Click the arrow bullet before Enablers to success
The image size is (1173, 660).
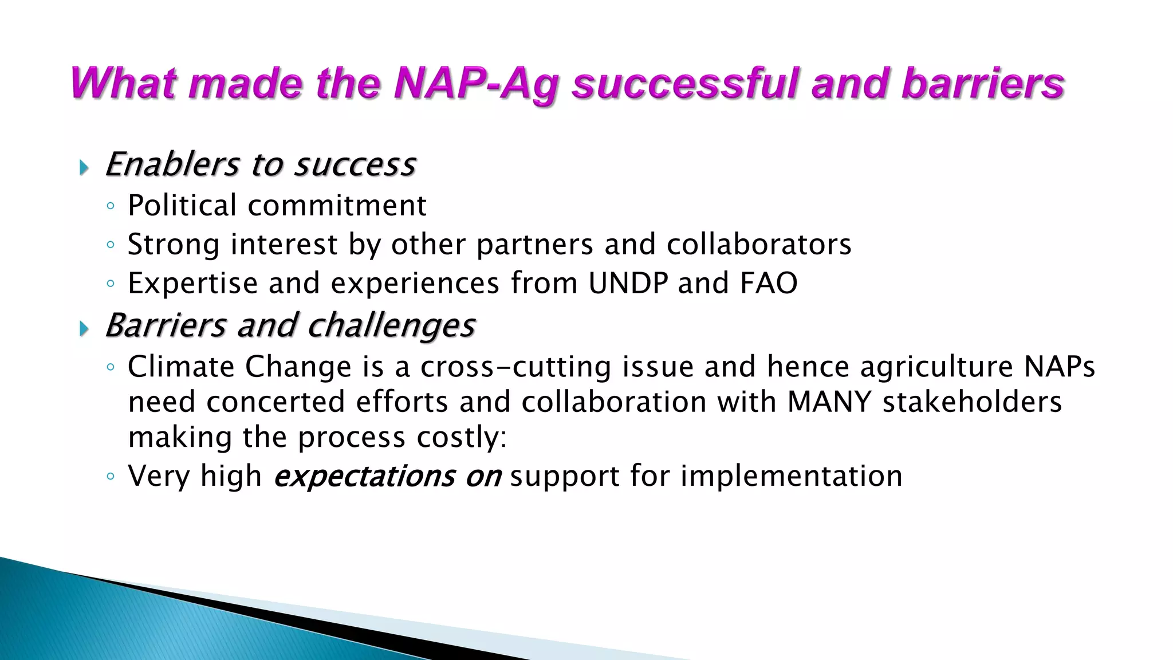tap(84, 168)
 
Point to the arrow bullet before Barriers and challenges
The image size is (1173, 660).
tap(84, 329)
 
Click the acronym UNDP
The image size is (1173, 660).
tap(628, 283)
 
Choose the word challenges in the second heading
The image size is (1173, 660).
tap(391, 326)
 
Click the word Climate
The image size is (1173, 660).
tap(181, 367)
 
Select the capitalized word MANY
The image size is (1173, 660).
tap(829, 402)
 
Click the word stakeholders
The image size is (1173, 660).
tap(972, 402)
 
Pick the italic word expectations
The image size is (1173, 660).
tap(364, 476)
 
